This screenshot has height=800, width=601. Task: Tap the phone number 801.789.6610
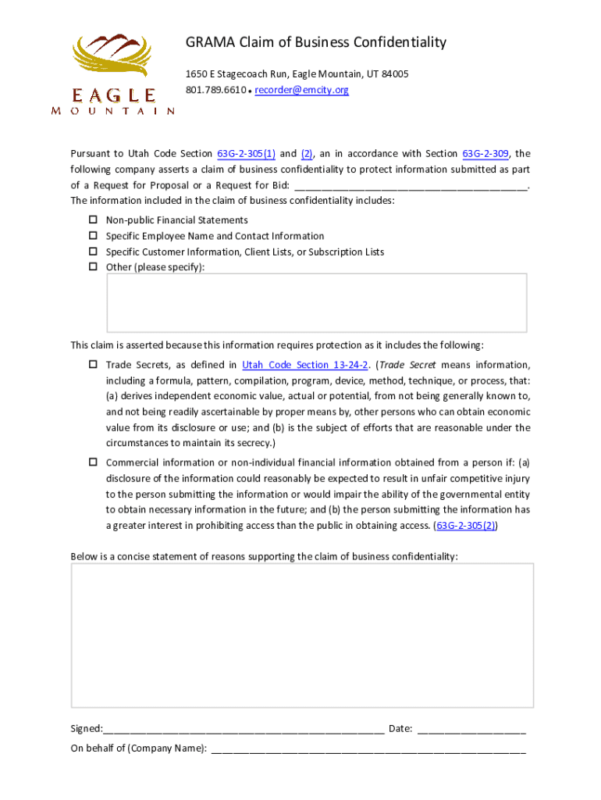(x=215, y=90)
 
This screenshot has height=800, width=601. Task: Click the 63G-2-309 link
(x=487, y=154)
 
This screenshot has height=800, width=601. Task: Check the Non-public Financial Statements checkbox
(x=92, y=220)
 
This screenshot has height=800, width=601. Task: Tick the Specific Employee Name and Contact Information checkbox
(x=92, y=236)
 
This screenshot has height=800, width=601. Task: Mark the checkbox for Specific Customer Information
(x=92, y=252)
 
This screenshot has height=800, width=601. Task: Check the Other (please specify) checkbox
(x=92, y=267)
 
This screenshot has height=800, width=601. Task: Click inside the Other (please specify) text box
(x=316, y=303)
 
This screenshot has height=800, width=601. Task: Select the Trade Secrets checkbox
(x=92, y=365)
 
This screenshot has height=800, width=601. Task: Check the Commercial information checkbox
(x=92, y=462)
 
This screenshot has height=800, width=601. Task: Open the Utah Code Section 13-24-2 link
(x=305, y=365)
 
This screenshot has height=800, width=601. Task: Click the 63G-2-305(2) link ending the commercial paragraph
(x=466, y=526)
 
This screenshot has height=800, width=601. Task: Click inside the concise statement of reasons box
(x=302, y=635)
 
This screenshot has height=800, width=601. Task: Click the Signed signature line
(x=244, y=730)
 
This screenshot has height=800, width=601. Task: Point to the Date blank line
(x=471, y=730)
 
